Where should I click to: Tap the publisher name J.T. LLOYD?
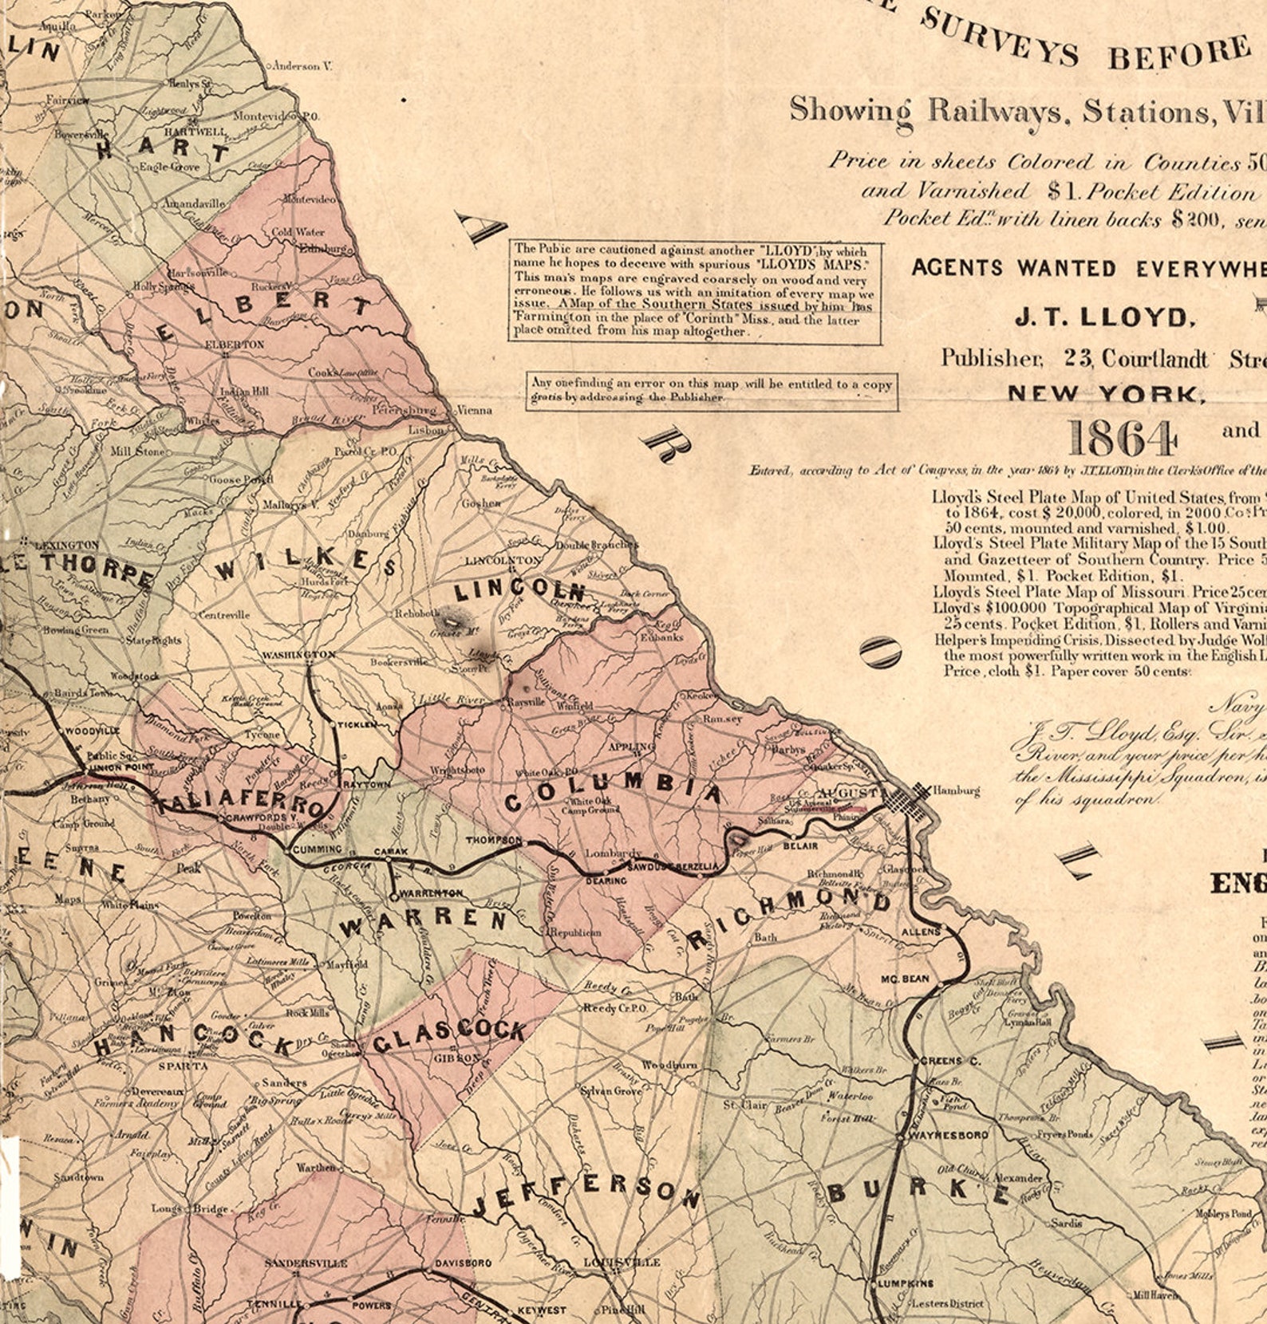point(1104,317)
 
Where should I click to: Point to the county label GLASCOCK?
point(449,1036)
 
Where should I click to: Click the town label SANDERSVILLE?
point(306,1263)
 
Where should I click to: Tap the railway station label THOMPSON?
point(493,841)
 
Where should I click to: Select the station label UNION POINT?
point(112,767)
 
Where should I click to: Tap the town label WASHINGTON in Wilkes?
point(299,654)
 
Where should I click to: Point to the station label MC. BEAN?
point(905,978)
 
